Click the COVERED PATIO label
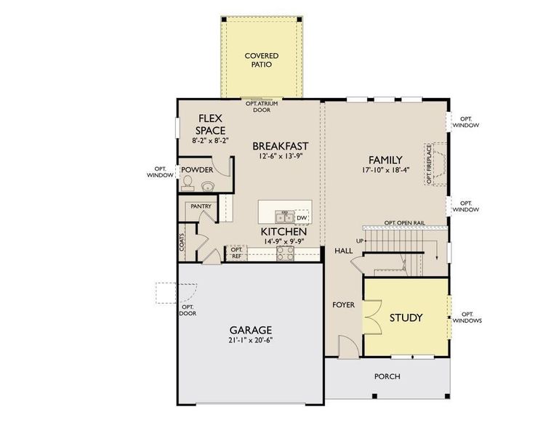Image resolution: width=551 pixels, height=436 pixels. [x=261, y=60]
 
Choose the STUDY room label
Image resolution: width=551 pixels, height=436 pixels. [x=406, y=318]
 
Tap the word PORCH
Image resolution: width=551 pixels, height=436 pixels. [x=387, y=376]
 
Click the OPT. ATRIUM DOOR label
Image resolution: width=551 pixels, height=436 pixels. [x=261, y=107]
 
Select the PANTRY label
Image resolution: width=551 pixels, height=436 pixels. [x=201, y=206]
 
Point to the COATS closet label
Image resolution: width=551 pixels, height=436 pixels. [x=182, y=242]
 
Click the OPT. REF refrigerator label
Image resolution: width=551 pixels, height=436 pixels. [x=236, y=253]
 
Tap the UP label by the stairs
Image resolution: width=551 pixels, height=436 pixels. [x=359, y=241]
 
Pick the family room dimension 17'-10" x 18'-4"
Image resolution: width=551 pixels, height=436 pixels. [x=385, y=171]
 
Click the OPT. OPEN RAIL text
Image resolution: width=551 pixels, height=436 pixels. [x=404, y=222]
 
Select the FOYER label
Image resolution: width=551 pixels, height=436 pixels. [x=344, y=304]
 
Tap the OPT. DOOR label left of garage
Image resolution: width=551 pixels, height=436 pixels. [x=187, y=310]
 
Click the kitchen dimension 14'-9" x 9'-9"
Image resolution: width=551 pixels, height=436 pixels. [x=279, y=243]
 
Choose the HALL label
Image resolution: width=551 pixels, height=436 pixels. [x=343, y=251]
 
